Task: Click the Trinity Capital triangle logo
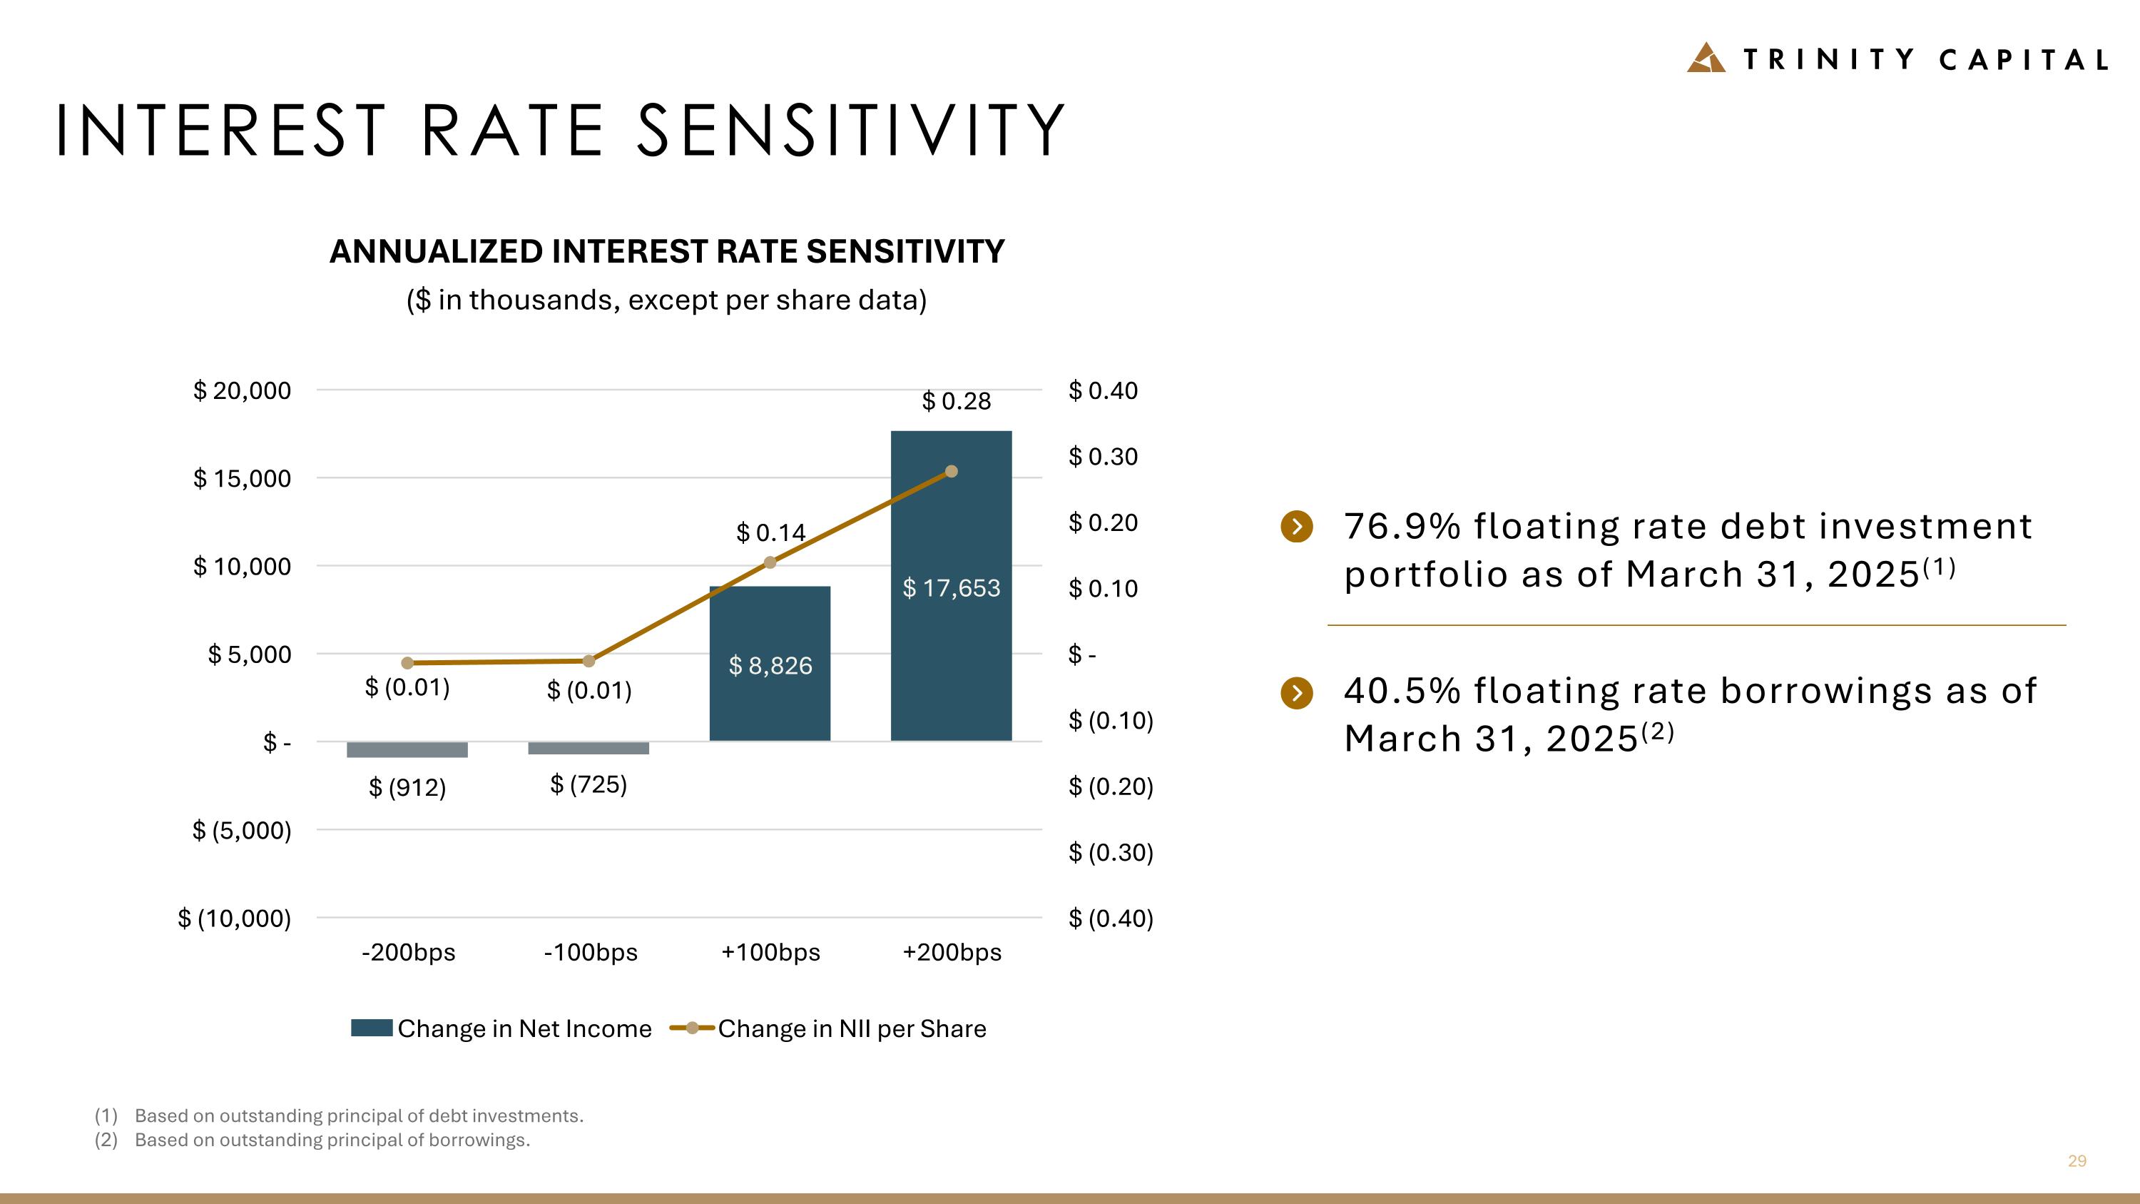1706,57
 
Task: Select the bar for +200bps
951,586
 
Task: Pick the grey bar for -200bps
407,749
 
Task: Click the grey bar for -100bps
588,748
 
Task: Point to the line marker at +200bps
951,471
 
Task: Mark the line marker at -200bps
407,663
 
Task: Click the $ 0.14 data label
771,532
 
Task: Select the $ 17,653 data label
951,588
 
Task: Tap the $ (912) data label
407,787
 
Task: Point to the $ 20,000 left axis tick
242,390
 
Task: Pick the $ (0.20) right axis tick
1111,786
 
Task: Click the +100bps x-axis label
771,952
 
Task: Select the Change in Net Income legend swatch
372,1028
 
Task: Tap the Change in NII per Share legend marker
692,1028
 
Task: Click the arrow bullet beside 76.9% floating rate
1297,526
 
